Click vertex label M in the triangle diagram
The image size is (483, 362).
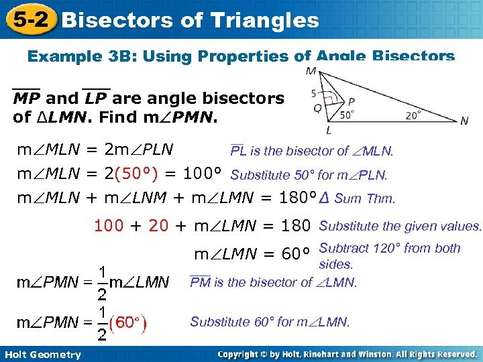tap(311, 70)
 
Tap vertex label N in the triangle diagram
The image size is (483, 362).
tap(464, 121)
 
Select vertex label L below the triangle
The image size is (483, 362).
tap(329, 130)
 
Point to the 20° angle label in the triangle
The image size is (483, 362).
tap(414, 114)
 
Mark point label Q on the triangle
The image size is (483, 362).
tap(317, 107)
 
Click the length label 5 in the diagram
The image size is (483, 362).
tap(313, 93)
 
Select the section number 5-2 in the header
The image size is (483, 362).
tap(29, 19)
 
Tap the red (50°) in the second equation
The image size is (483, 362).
tap(136, 176)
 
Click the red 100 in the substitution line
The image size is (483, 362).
tap(109, 226)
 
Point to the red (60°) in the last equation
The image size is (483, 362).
tap(128, 324)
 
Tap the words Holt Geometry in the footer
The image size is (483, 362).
tap(42, 355)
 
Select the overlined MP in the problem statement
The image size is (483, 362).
tap(26, 99)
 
